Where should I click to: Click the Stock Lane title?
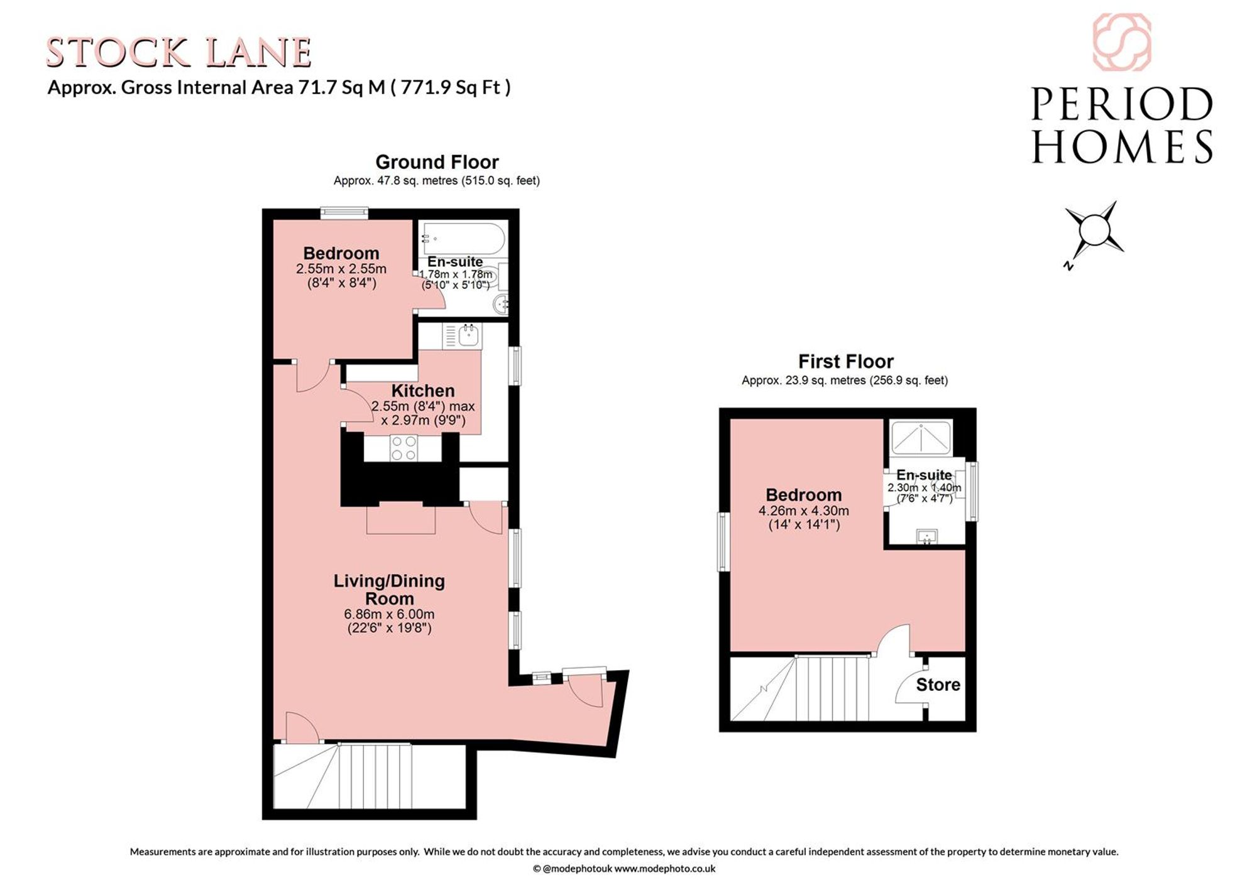pyautogui.click(x=179, y=53)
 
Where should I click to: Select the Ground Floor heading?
pyautogui.click(x=437, y=162)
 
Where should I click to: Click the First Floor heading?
pyautogui.click(x=845, y=362)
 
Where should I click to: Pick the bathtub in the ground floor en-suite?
pyautogui.click(x=464, y=239)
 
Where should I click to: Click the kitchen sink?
pyautogui.click(x=468, y=336)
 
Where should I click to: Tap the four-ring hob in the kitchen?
pyautogui.click(x=403, y=448)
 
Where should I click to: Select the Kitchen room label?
pyautogui.click(x=423, y=391)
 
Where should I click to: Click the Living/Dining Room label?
pyautogui.click(x=389, y=590)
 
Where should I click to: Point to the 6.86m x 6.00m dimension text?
pyautogui.click(x=389, y=614)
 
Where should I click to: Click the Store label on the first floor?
pyautogui.click(x=938, y=685)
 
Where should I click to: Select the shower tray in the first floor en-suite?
pyautogui.click(x=921, y=438)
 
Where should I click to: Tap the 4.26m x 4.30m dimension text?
pyautogui.click(x=804, y=511)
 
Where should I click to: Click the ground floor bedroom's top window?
pyautogui.click(x=344, y=214)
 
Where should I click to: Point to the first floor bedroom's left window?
pyautogui.click(x=724, y=542)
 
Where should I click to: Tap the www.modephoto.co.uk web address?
pyautogui.click(x=664, y=869)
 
